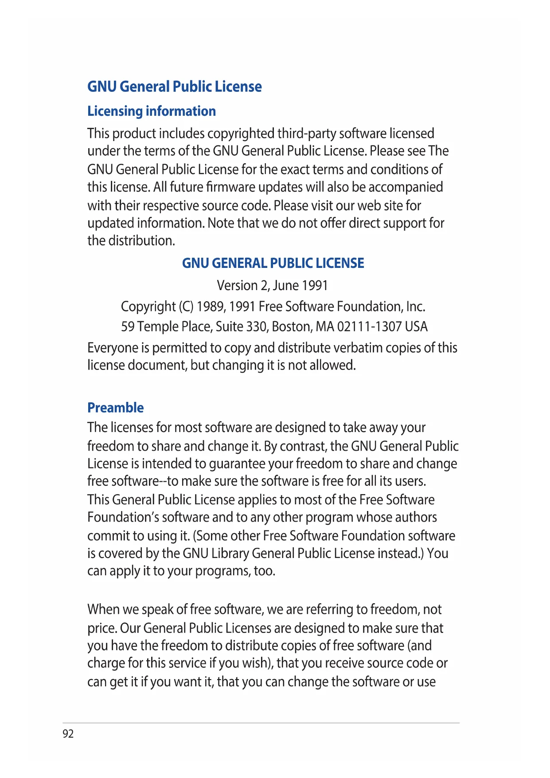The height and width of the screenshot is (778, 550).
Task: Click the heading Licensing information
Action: click(x=152, y=111)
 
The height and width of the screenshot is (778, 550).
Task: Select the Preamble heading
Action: click(x=115, y=408)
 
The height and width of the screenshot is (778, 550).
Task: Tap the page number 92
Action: click(x=68, y=734)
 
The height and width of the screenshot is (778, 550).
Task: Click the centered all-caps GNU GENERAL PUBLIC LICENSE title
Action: click(x=273, y=263)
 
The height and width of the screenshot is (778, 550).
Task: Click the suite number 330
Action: click(x=256, y=327)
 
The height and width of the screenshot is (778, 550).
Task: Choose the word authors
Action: click(x=416, y=518)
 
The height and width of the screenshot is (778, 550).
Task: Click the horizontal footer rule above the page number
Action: click(x=261, y=723)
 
